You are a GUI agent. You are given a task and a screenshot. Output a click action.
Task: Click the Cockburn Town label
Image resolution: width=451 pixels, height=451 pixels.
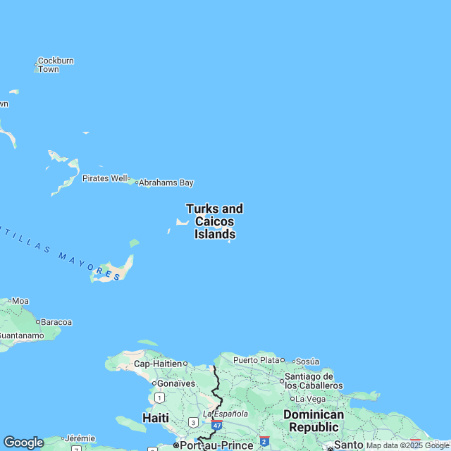tap(55, 65)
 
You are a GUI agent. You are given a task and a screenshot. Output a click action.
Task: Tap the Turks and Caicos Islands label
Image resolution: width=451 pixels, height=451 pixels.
tap(215, 221)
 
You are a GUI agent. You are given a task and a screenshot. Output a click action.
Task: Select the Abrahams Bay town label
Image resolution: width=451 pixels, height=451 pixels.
tap(166, 183)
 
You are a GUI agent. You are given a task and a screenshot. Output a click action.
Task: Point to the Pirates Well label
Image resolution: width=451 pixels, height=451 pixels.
tap(105, 178)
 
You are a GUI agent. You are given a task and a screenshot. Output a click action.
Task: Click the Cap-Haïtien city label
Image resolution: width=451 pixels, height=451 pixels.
tap(153, 364)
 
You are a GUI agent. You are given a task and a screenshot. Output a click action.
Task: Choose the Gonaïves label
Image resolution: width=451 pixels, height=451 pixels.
tap(175, 383)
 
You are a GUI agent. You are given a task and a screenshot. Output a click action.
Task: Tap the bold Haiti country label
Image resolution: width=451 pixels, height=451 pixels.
tap(156, 418)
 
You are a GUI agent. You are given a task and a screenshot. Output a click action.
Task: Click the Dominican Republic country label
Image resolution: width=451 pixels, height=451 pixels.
tap(314, 421)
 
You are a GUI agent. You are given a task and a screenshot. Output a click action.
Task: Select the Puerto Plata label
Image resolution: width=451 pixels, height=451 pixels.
tap(256, 360)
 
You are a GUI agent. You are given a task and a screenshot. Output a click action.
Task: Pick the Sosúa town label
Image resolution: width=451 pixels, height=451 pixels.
tap(308, 361)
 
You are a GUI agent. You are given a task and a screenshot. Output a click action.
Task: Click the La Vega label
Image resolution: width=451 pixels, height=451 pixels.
tap(311, 399)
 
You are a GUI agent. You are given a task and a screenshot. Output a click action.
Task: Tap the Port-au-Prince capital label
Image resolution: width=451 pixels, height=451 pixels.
tap(216, 445)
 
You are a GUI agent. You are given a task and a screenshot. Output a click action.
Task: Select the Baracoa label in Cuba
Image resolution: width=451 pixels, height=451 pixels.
tap(56, 322)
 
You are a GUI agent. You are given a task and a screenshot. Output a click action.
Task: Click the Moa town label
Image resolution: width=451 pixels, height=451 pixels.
tap(20, 301)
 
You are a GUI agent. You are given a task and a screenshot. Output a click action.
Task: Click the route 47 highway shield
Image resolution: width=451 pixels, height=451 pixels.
tap(217, 426)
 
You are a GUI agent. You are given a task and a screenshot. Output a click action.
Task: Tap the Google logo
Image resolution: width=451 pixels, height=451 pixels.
tap(23, 442)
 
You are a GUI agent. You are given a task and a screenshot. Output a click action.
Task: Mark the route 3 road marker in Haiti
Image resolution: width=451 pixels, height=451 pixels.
tap(193, 422)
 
